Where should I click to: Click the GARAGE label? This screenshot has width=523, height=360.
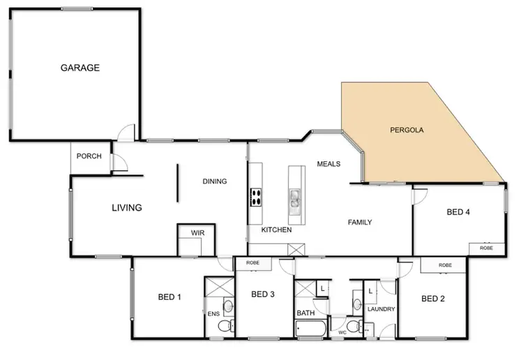point(80,68)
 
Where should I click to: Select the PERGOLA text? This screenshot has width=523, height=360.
point(407,130)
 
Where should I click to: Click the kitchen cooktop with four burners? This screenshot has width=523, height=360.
point(255,197)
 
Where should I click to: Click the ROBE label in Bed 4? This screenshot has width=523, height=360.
point(486,248)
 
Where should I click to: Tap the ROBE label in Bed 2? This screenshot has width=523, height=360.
point(445,265)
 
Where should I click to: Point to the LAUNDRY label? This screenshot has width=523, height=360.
point(381,309)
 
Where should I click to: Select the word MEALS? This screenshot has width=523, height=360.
point(328,164)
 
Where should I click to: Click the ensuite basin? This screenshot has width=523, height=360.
point(228,305)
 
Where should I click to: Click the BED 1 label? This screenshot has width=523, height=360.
point(169,297)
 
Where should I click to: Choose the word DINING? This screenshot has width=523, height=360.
point(215,181)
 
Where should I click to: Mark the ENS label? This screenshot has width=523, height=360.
point(213,314)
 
